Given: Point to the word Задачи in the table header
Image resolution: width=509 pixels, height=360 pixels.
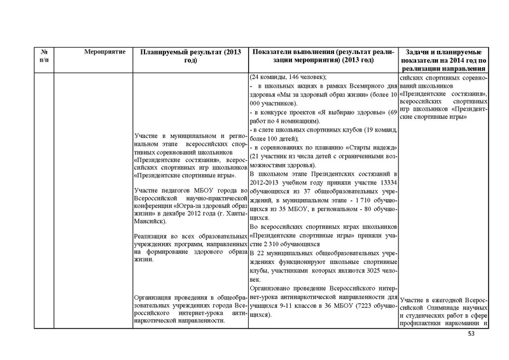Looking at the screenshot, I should pos(418,51).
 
